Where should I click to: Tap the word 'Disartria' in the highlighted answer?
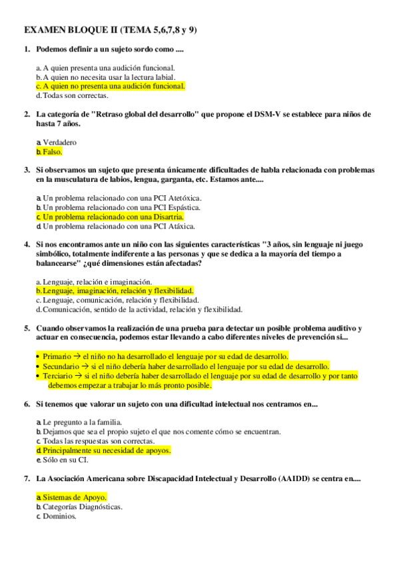pyautogui.click(x=168, y=217)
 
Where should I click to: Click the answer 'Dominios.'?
pyautogui.click(x=59, y=516)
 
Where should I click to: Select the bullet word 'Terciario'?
pyautogui.click(x=59, y=376)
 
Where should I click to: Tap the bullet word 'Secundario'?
pyautogui.click(x=62, y=366)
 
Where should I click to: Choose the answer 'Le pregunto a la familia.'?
pyautogui.click(x=82, y=422)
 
